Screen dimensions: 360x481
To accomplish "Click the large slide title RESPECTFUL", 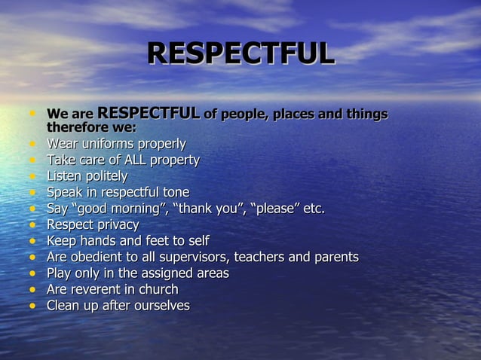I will pyautogui.click(x=240, y=53).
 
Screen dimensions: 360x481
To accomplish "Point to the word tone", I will pyautogui.click(x=175, y=192).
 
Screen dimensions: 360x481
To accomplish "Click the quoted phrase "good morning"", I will pyautogui.click(x=119, y=209).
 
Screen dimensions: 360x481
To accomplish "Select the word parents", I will pyautogui.click(x=335, y=257).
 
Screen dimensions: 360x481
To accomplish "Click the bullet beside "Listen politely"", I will pyautogui.click(x=32, y=177).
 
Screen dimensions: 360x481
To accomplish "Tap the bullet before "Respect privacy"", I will pyautogui.click(x=32, y=225).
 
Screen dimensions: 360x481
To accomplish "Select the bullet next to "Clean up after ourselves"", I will pyautogui.click(x=32, y=307).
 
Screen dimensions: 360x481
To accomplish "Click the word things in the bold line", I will pyautogui.click(x=364, y=114).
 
